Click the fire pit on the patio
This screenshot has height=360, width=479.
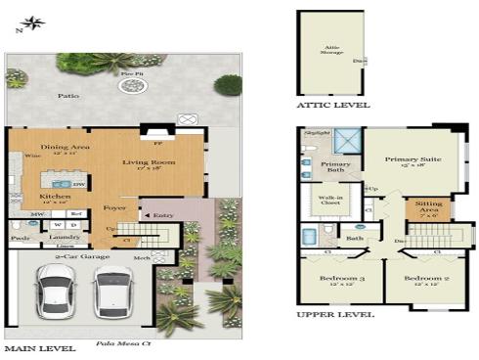(131, 86)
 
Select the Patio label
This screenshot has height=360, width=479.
(67, 97)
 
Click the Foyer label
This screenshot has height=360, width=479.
(112, 206)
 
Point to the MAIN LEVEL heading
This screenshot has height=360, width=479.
(39, 348)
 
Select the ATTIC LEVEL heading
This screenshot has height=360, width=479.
(333, 104)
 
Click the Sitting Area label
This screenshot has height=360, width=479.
(429, 206)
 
